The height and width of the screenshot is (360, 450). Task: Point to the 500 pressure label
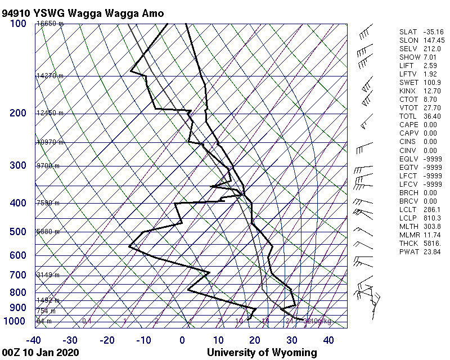click(17, 232)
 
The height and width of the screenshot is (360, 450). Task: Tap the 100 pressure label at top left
click(17, 24)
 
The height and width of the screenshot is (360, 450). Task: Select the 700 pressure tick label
click(17, 275)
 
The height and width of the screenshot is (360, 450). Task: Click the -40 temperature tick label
click(34, 340)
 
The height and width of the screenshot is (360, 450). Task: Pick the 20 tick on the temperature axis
click(255, 340)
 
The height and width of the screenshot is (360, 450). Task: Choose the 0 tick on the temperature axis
click(182, 340)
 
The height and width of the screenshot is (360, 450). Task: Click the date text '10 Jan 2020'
click(49, 353)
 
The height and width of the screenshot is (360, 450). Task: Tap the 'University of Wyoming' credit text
click(262, 353)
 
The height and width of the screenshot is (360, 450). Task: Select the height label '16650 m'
click(50, 24)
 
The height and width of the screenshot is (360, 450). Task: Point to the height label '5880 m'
click(48, 232)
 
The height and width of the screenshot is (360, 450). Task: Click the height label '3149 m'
click(48, 275)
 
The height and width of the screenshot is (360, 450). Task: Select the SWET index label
click(408, 83)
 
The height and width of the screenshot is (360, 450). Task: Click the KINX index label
click(408, 92)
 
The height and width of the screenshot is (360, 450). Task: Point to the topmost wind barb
click(366, 34)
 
